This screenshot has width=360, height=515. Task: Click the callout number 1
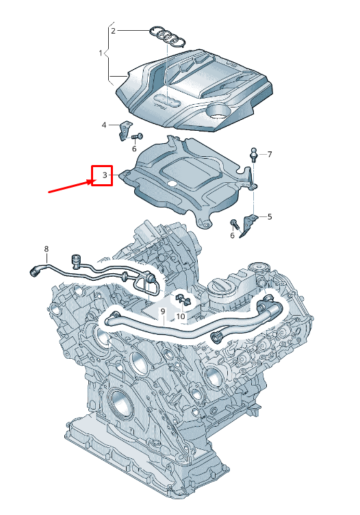click(100, 53)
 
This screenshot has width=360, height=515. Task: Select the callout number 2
click(114, 30)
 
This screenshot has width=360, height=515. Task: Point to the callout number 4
click(104, 125)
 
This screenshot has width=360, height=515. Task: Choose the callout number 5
click(270, 217)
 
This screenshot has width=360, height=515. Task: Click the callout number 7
click(270, 154)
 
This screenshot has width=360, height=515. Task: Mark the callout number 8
click(47, 249)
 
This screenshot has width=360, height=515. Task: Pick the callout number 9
click(163, 312)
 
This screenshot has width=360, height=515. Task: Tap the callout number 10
click(181, 316)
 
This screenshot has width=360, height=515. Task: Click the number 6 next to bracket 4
click(134, 148)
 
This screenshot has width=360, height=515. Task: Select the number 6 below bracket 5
click(233, 236)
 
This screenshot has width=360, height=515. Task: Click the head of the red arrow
click(90, 181)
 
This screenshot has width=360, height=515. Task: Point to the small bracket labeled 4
click(125, 130)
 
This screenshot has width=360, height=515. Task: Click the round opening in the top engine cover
click(222, 111)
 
